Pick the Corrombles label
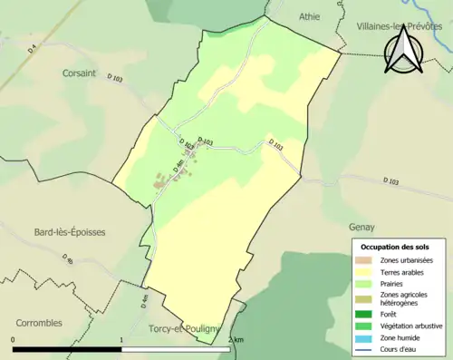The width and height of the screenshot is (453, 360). (x=39, y=322)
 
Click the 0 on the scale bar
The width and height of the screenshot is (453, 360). (x=13, y=340)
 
